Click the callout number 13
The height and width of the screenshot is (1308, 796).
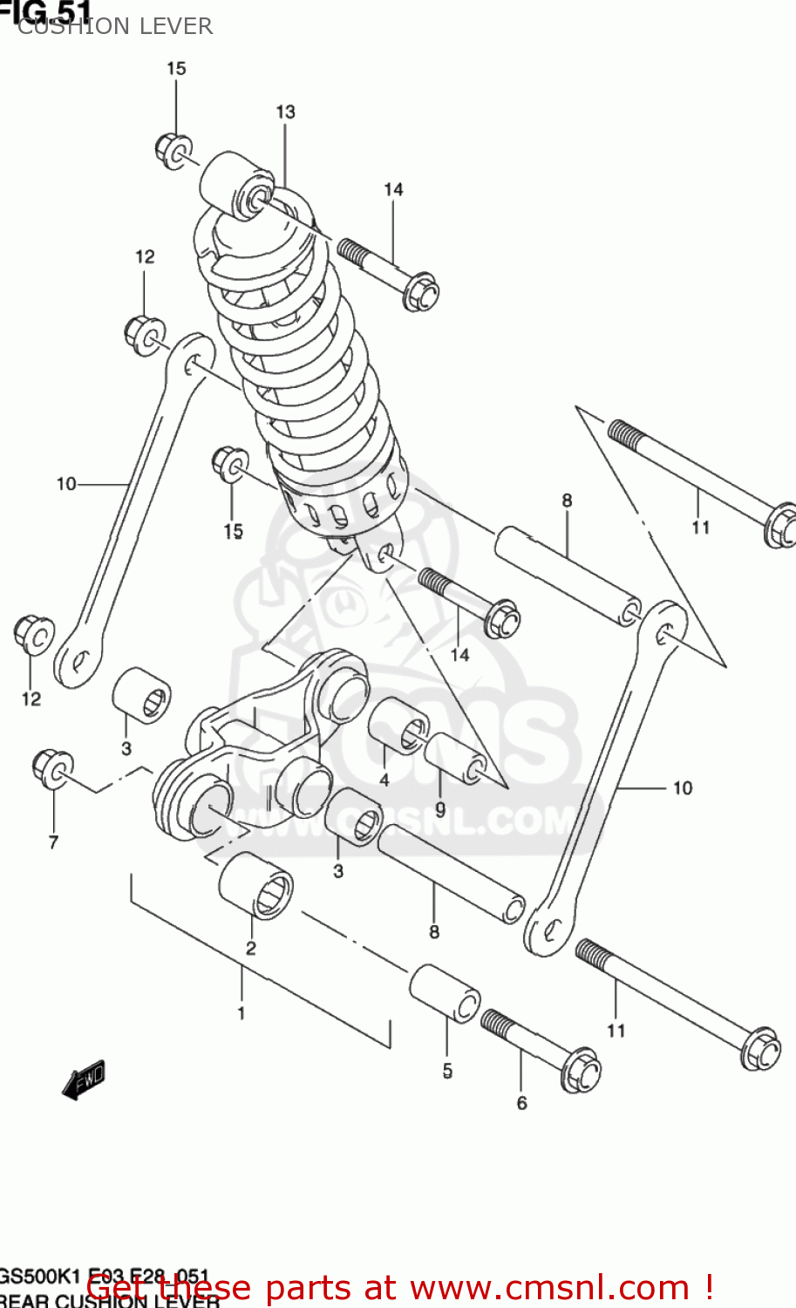[285, 112]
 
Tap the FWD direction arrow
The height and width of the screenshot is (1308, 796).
[85, 1080]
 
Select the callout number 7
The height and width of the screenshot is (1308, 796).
[53, 841]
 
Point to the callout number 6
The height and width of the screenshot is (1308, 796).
[521, 1103]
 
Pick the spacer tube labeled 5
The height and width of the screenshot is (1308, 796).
[445, 992]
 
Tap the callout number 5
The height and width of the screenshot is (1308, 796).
[446, 1071]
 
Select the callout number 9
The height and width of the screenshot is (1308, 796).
[440, 809]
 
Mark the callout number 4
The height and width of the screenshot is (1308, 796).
[384, 780]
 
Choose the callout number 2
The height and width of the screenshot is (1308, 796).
[251, 948]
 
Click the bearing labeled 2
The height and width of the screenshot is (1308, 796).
[255, 886]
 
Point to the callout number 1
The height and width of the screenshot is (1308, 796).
[242, 1013]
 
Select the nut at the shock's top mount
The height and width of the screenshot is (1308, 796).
[174, 150]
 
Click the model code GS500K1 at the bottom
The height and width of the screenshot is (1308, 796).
[39, 1277]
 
